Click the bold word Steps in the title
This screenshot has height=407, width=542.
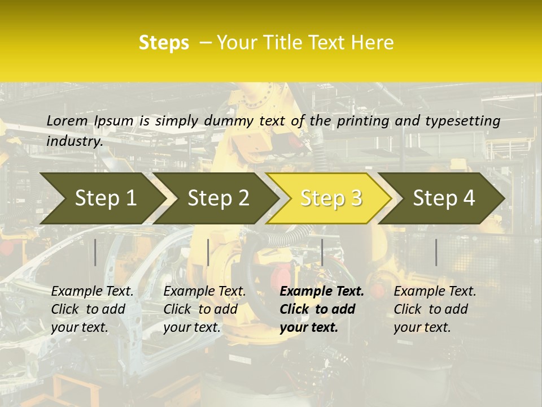(164, 43)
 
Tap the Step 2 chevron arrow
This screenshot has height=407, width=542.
(218, 198)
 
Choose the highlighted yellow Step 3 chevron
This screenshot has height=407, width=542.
(331, 198)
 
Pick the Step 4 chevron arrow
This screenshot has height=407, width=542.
(444, 198)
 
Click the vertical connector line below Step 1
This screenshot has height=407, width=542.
(95, 252)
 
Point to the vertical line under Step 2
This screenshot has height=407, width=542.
(208, 252)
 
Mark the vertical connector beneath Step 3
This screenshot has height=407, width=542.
(322, 252)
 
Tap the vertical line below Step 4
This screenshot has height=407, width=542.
(436, 252)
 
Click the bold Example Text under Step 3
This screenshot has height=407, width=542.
(322, 309)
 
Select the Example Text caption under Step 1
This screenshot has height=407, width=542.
(92, 309)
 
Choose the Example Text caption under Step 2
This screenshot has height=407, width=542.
(204, 309)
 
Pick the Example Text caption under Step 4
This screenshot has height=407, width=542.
(435, 309)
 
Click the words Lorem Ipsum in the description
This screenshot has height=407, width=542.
(90, 121)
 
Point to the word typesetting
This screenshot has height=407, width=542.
(460, 121)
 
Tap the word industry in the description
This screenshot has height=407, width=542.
(74, 141)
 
